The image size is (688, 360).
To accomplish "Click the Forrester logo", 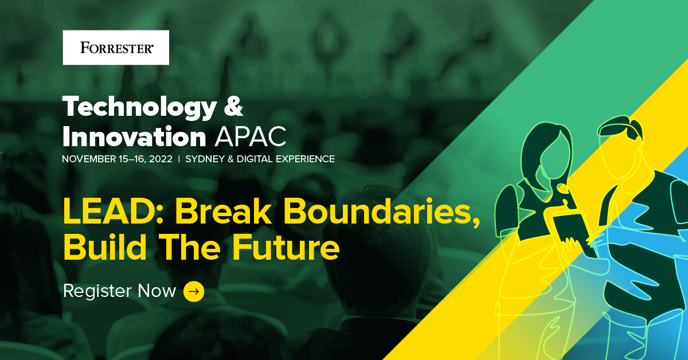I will [x=116, y=48].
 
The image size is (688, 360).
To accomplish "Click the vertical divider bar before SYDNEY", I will [x=179, y=159].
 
